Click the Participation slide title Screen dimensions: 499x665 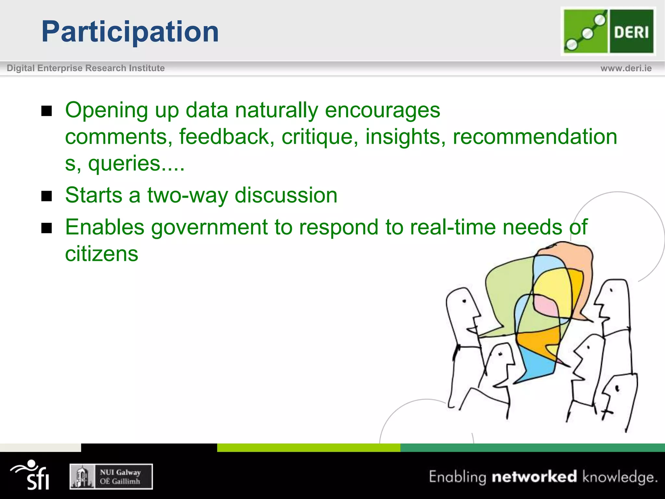point(130,32)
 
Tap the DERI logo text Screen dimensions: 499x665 point(631,32)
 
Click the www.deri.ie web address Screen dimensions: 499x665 point(626,68)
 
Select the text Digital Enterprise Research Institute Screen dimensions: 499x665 point(86,68)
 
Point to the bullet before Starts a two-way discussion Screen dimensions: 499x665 point(47,196)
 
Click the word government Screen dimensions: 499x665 point(209,227)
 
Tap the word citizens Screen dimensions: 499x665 point(102,254)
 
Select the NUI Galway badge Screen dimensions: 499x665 point(111,477)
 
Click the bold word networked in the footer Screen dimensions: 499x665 point(534,477)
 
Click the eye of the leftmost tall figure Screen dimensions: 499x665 point(464,301)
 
